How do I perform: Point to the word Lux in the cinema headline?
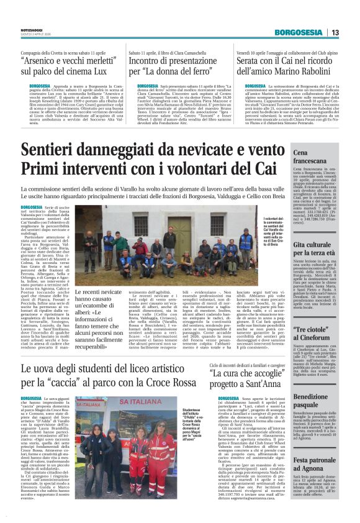[104, 73]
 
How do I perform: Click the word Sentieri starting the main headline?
[55, 150]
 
